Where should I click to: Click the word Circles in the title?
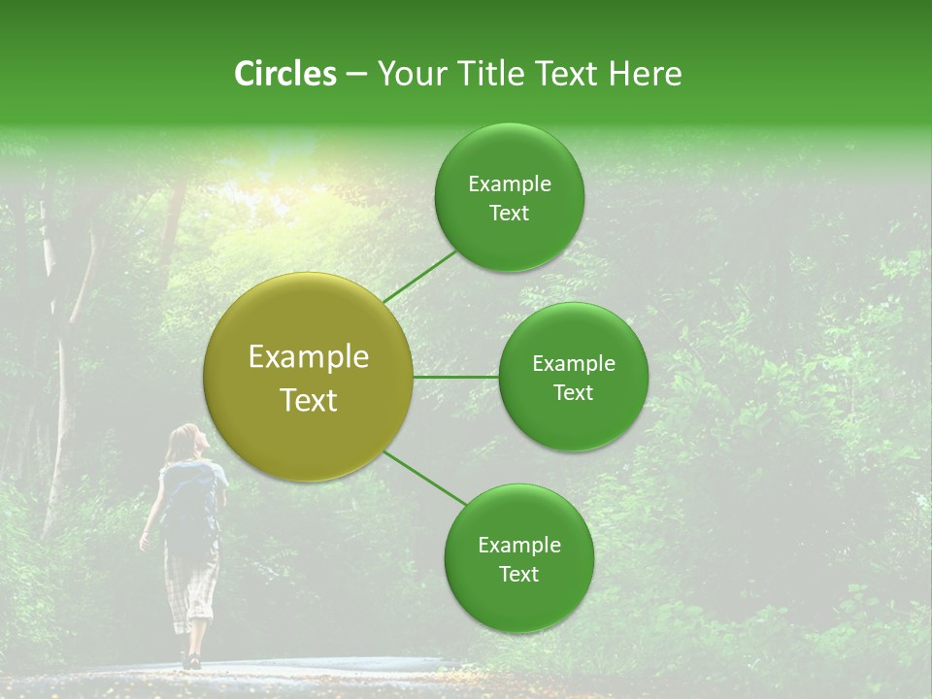pyautogui.click(x=284, y=74)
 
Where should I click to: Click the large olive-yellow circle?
pyautogui.click(x=308, y=377)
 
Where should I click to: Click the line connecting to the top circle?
pyautogui.click(x=419, y=276)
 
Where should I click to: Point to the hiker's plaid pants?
pyautogui.click(x=191, y=582)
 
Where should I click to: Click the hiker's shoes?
pyautogui.click(x=190, y=660)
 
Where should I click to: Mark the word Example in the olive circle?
pyautogui.click(x=308, y=357)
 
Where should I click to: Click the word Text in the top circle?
pyautogui.click(x=509, y=214)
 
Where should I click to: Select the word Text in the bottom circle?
pyautogui.click(x=518, y=575)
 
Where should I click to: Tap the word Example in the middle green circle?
pyautogui.click(x=573, y=364)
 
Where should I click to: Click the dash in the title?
pyautogui.click(x=356, y=75)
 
